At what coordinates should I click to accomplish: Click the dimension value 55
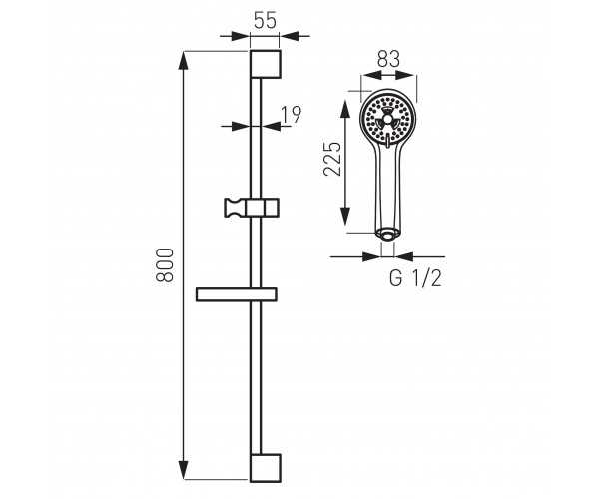[x=265, y=20]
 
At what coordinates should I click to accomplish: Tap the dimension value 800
[x=165, y=264]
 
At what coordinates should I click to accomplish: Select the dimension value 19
[x=292, y=114]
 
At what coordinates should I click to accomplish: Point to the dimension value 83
[x=388, y=60]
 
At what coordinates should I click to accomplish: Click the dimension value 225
[x=332, y=159]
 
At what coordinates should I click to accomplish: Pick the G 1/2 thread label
[x=415, y=278]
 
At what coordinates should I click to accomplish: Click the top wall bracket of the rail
[x=266, y=64]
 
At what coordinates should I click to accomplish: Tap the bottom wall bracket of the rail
[x=266, y=468]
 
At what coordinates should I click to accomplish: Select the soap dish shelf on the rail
[x=236, y=294]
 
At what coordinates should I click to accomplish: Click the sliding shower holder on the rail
[x=252, y=208]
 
